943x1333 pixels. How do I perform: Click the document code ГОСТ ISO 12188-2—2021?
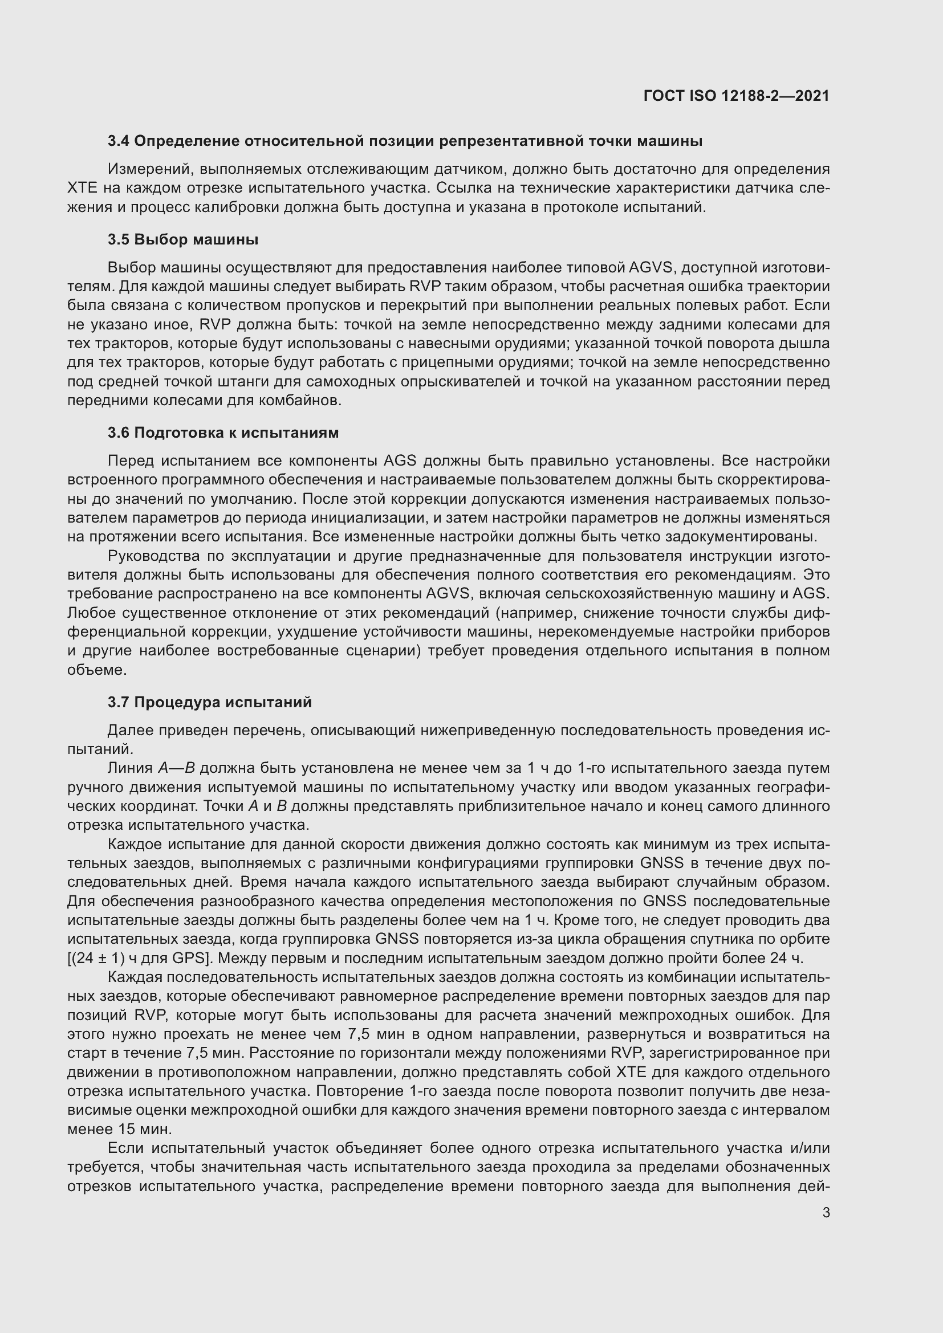(x=736, y=96)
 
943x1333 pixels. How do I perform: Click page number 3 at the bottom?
(x=826, y=1213)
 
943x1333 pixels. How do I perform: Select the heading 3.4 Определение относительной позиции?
(x=405, y=141)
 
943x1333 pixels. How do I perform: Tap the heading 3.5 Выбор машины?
(x=183, y=240)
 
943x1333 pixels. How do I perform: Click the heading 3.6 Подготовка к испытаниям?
(x=223, y=433)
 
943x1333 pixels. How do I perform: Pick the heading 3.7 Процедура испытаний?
(x=210, y=703)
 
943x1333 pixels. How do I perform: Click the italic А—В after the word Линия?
(x=176, y=768)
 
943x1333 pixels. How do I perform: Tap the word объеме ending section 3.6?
(x=95, y=670)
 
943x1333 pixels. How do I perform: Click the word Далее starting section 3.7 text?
(x=128, y=731)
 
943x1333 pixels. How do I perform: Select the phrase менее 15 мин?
(x=119, y=1129)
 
